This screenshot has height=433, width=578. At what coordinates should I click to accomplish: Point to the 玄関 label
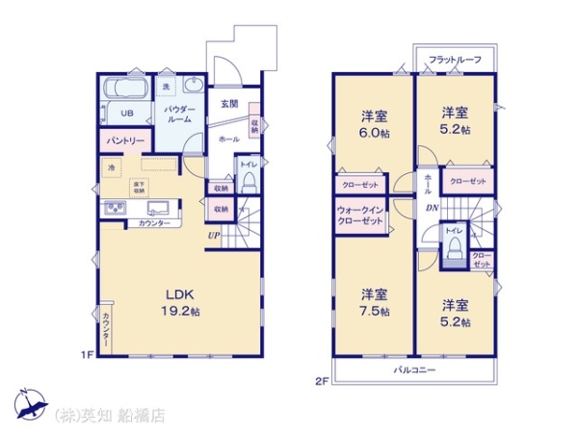point(228,103)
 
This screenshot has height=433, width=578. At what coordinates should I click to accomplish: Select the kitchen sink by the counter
point(114,208)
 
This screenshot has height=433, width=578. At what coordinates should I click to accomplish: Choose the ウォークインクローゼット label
point(361,215)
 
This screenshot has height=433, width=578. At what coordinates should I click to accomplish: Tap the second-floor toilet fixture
point(452,248)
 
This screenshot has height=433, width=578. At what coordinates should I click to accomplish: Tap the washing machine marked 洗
point(166,89)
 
